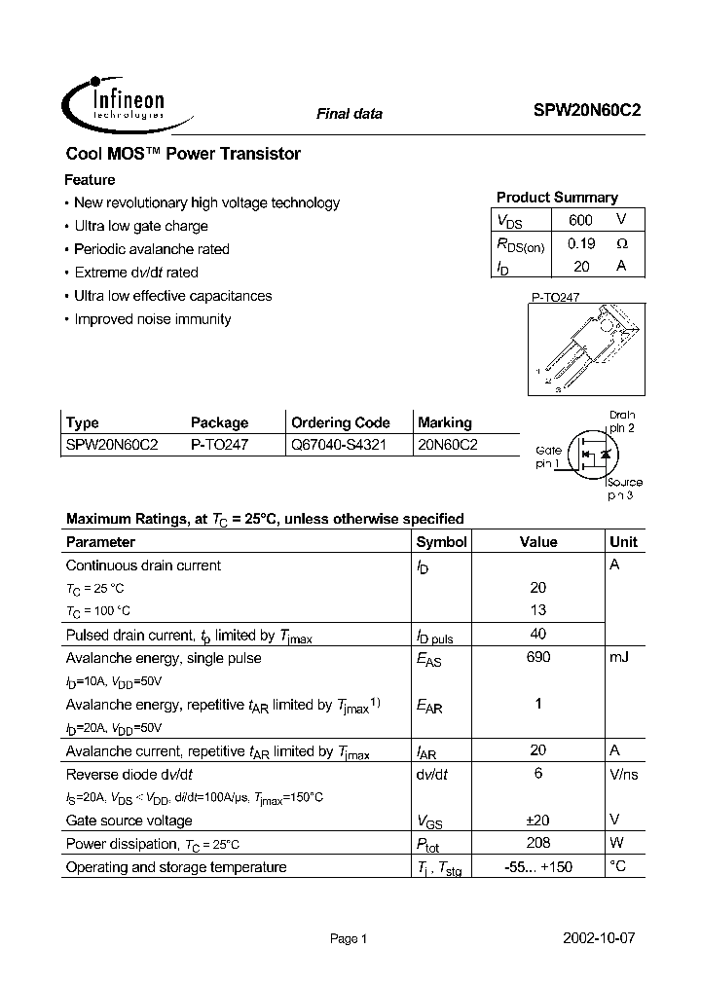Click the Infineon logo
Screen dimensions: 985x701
click(117, 102)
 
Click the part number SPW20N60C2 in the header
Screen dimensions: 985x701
click(587, 112)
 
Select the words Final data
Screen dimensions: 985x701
click(350, 114)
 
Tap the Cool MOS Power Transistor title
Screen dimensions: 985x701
click(183, 154)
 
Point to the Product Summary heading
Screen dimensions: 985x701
click(557, 197)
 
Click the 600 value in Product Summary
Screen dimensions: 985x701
click(580, 220)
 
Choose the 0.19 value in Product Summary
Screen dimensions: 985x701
click(581, 243)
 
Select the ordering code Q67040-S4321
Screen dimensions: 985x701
click(340, 445)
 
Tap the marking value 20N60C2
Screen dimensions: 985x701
click(447, 445)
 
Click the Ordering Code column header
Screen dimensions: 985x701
click(341, 422)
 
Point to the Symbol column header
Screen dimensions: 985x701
click(441, 542)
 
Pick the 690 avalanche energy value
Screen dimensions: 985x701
click(538, 657)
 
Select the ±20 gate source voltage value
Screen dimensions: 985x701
click(538, 820)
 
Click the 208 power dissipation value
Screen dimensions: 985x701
click(538, 843)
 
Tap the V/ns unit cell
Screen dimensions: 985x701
click(624, 774)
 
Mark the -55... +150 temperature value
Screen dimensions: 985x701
click(538, 866)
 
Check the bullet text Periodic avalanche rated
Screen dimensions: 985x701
click(152, 249)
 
